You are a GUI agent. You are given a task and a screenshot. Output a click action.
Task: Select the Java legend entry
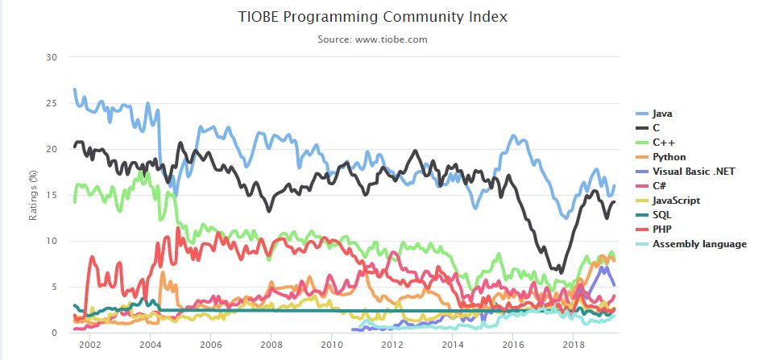pos(663,114)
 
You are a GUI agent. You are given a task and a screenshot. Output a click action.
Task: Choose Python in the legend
pos(669,157)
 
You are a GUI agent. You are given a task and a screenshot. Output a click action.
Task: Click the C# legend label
pos(661,186)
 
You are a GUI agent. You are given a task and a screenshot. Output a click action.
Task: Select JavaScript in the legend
pos(676,201)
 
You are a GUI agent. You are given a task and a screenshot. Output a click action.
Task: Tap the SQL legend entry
pos(662,215)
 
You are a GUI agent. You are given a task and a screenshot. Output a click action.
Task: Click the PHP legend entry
pos(662,230)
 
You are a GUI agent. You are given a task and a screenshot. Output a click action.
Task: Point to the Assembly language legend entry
pos(699,244)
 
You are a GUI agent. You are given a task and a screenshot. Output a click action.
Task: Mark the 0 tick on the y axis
pos(54,333)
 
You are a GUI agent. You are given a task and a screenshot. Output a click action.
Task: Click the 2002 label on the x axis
pos(89,345)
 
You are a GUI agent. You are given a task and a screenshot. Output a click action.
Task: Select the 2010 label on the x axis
pos(331,345)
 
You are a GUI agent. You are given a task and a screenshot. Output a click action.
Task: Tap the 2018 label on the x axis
pos(574,345)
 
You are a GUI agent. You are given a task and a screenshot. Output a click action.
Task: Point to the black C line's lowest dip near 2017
pos(561,271)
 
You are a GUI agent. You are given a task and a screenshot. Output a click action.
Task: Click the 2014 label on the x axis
pos(453,345)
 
